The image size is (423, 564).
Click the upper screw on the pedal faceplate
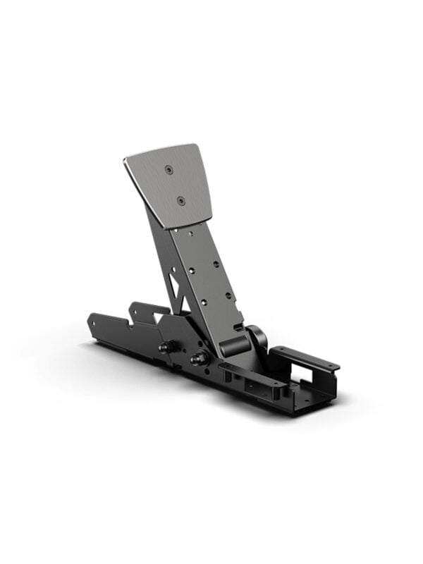pyautogui.click(x=168, y=170)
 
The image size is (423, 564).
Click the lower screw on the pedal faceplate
pyautogui.click(x=180, y=201)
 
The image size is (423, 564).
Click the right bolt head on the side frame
pyautogui.click(x=197, y=358)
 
